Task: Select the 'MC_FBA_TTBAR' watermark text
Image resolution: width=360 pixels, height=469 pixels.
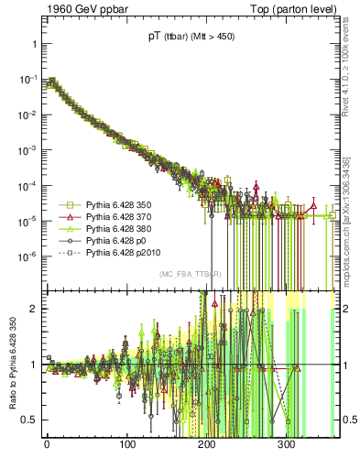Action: click(189, 275)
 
